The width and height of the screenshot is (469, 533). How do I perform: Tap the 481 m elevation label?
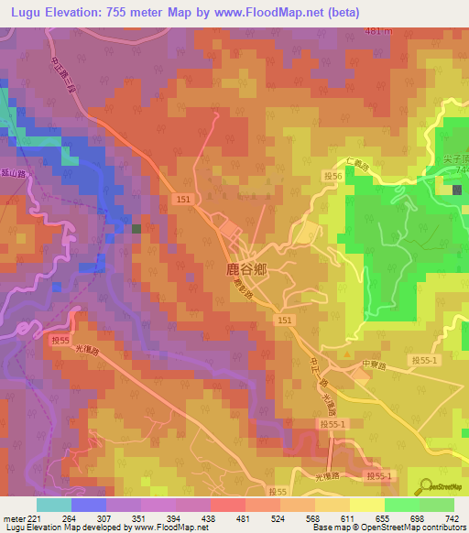click(x=378, y=32)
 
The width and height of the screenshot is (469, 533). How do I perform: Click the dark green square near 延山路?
click(x=136, y=229)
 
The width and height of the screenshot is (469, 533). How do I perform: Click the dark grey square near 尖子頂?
click(x=457, y=190)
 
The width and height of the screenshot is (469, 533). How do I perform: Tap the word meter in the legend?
click(x=14, y=517)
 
